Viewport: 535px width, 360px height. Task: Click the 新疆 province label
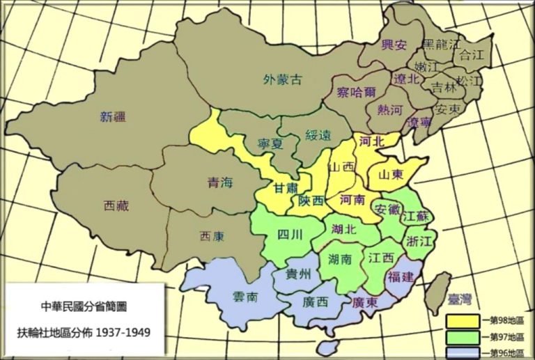(x=114, y=117)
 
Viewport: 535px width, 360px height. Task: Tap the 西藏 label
(x=116, y=205)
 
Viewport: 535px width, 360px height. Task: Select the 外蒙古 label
(x=284, y=79)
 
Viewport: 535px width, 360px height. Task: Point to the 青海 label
(x=221, y=182)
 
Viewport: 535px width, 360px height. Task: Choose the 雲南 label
(x=245, y=297)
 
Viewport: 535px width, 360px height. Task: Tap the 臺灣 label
(x=460, y=299)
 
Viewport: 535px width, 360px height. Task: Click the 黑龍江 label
(x=442, y=45)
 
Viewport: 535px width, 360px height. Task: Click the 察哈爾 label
(x=355, y=93)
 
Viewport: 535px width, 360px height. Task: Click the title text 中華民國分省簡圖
(x=84, y=306)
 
